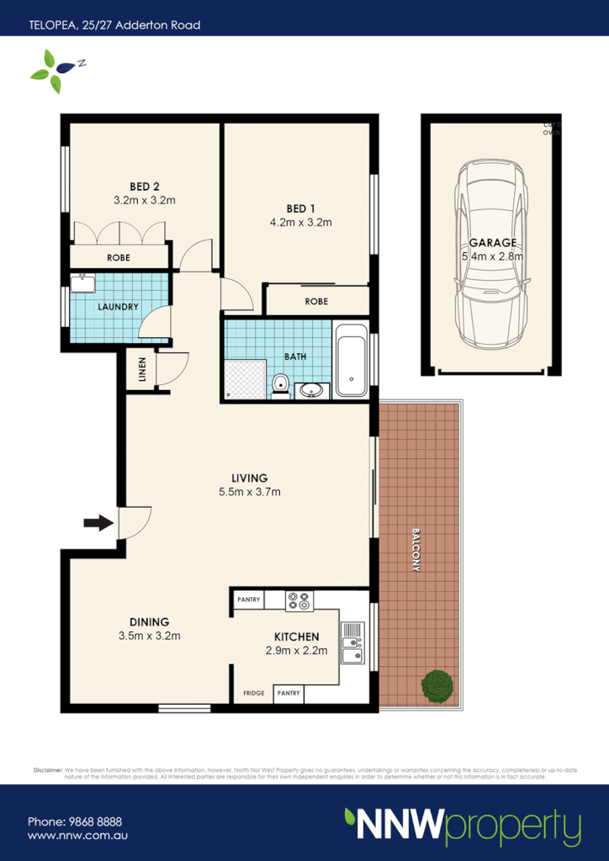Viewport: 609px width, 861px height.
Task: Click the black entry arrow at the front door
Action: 99,523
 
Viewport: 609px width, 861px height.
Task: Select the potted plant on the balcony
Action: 437,685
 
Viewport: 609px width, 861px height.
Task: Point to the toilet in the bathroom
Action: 281,386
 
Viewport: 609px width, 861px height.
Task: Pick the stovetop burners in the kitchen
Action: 299,600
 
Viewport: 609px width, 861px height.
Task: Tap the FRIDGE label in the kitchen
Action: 254,695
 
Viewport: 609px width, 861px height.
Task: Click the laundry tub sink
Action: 82,283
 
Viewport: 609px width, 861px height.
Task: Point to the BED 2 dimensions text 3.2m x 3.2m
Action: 144,201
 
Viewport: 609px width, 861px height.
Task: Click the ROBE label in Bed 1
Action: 316,301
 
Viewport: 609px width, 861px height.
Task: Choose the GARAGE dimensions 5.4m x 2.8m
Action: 493,256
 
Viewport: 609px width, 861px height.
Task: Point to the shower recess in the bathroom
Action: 245,378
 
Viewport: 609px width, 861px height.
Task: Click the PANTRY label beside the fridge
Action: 287,695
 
